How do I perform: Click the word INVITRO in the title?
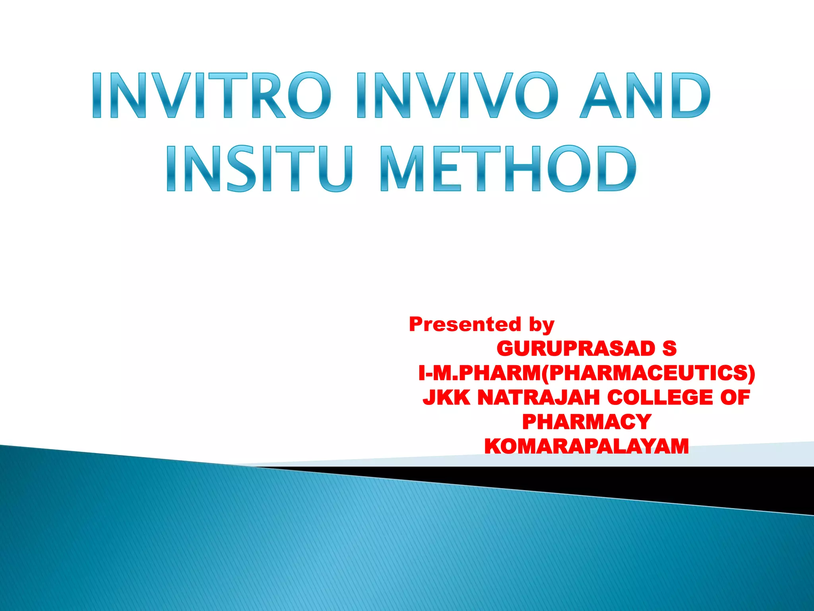211,95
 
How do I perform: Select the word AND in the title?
645,95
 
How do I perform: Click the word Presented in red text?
465,324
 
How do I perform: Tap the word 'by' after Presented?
541,325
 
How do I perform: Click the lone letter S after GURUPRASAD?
669,349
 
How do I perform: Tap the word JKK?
446,397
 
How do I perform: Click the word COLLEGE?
660,397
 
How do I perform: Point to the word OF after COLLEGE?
735,397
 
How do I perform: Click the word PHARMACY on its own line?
587,422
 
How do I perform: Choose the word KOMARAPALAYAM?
587,446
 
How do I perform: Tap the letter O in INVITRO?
309,95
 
